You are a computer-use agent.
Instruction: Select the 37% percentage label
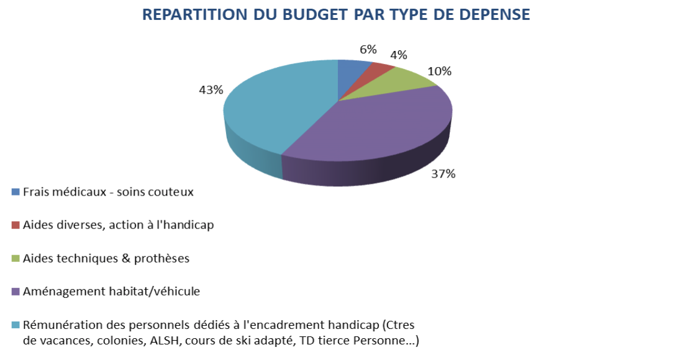click(443, 174)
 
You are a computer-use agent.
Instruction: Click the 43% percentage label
click(211, 90)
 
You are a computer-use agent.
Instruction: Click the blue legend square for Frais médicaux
click(16, 192)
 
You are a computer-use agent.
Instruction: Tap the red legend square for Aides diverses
click(16, 225)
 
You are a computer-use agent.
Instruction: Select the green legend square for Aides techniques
click(16, 258)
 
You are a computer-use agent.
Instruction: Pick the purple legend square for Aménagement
click(16, 291)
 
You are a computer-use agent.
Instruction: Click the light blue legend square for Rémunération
click(16, 325)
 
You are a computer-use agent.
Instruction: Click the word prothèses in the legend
click(163, 258)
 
